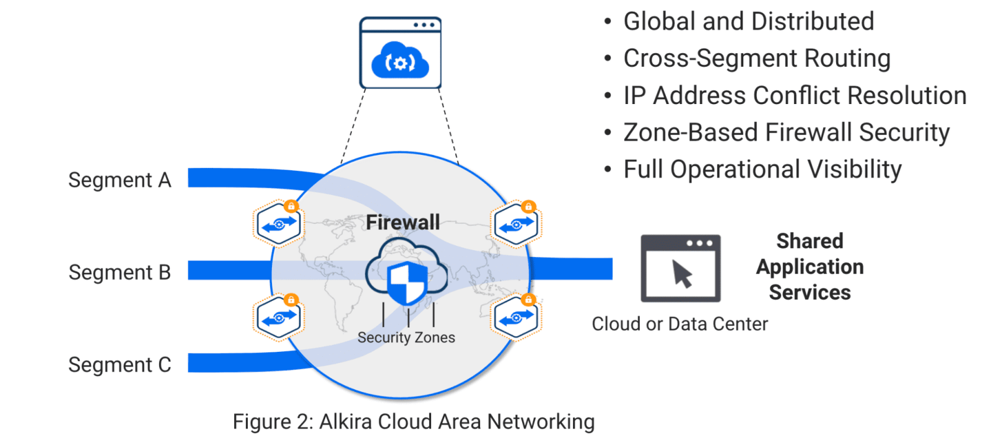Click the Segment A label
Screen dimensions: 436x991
(120, 180)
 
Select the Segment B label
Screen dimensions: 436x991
(120, 272)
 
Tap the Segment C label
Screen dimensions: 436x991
(120, 365)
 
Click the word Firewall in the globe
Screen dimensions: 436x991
(403, 222)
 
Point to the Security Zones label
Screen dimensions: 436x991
(406, 338)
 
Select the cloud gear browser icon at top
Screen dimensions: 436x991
(400, 53)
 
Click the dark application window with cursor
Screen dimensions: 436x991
(680, 268)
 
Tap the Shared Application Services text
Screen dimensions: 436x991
(810, 266)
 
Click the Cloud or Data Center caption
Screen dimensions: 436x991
(679, 324)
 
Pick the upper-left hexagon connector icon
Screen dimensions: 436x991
(279, 224)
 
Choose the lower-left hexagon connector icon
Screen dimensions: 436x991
(279, 317)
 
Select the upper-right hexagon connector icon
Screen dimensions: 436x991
(516, 224)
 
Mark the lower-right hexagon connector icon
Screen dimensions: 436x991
(516, 317)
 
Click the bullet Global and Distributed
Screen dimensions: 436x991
(748, 22)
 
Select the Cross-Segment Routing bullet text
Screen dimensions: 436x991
(756, 59)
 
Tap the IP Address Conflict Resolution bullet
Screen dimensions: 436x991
(795, 96)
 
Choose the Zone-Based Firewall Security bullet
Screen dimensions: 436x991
(786, 133)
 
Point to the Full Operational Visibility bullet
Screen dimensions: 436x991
(762, 170)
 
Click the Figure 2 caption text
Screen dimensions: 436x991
(413, 422)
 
